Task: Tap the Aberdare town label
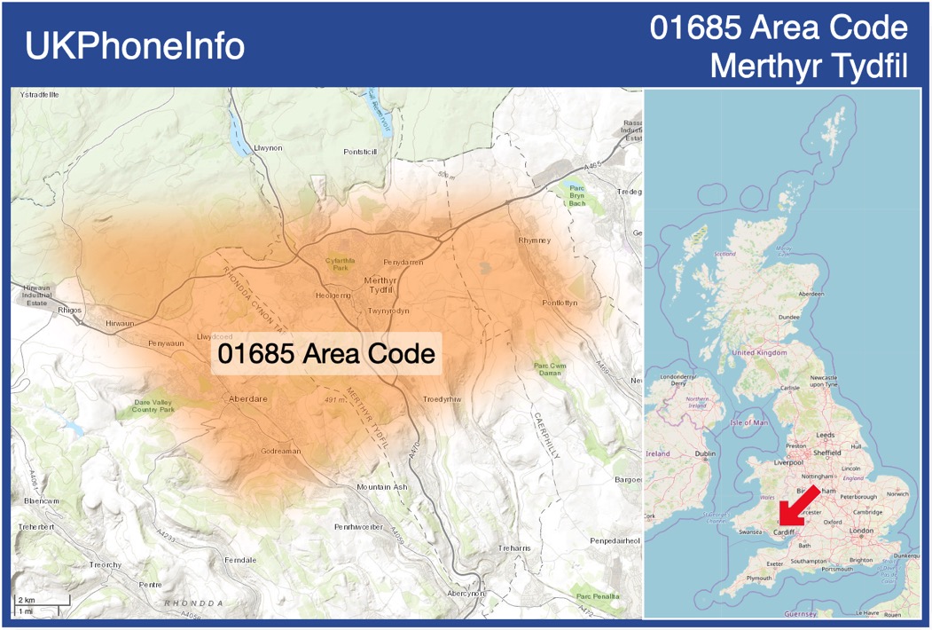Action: (247, 399)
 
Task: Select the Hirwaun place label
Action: (120, 324)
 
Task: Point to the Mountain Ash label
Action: (381, 487)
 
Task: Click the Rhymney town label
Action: (534, 240)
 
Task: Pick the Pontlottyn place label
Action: (560, 303)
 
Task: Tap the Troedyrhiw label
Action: (443, 399)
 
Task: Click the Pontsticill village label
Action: (360, 152)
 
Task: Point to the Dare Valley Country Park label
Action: (154, 406)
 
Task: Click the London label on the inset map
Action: (862, 531)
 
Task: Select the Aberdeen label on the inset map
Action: (811, 294)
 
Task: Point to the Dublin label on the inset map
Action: (705, 453)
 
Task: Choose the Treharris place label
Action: (514, 548)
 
